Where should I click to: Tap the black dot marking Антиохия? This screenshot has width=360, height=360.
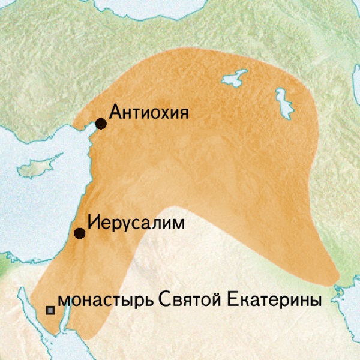pyautogui.click(x=101, y=124)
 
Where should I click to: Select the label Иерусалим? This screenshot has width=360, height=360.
pyautogui.click(x=136, y=221)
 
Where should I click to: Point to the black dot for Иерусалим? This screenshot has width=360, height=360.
pyautogui.click(x=79, y=233)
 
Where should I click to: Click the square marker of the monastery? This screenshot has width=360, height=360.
pyautogui.click(x=50, y=310)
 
